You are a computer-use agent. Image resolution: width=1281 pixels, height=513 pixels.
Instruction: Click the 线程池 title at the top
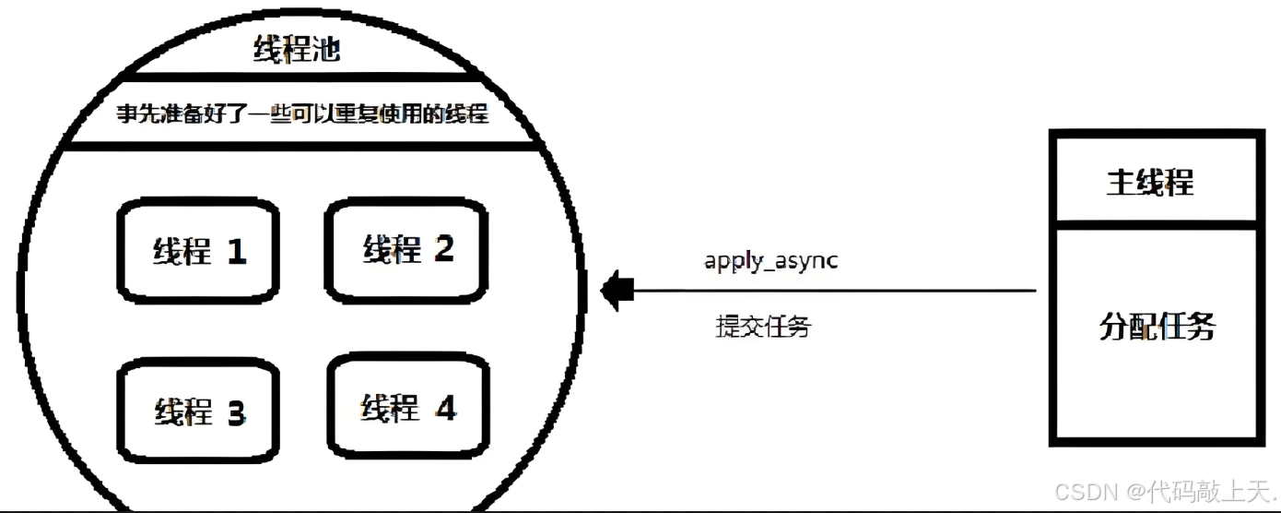(297, 49)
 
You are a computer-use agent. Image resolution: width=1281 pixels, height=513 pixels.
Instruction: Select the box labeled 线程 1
(198, 249)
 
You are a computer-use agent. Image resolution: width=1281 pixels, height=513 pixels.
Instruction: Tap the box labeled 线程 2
(406, 249)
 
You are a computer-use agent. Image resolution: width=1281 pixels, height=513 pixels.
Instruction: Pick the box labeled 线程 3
(198, 411)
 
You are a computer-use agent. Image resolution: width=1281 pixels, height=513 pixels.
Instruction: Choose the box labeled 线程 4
(408, 406)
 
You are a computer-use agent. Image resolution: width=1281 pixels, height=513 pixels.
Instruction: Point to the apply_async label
(770, 260)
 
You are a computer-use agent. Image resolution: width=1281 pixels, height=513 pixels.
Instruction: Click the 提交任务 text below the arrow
(763, 326)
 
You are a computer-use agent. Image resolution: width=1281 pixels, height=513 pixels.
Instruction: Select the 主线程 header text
(1149, 182)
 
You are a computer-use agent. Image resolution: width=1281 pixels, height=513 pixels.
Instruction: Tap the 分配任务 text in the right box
(1157, 326)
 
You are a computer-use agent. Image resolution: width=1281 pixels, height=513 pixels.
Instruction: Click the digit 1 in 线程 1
(236, 251)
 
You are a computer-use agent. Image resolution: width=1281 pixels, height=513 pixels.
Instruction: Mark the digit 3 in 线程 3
(236, 412)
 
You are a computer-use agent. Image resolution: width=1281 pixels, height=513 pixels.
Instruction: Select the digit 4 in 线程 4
(445, 407)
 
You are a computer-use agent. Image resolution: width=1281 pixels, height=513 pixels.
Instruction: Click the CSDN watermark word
(1086, 490)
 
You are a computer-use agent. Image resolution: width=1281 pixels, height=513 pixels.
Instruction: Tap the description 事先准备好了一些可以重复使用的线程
(302, 114)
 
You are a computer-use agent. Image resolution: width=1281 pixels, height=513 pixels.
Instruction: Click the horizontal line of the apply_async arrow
(829, 291)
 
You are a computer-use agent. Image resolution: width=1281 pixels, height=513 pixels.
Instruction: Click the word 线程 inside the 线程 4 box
(389, 408)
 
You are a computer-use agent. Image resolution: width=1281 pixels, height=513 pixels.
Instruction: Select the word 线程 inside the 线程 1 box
(181, 251)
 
